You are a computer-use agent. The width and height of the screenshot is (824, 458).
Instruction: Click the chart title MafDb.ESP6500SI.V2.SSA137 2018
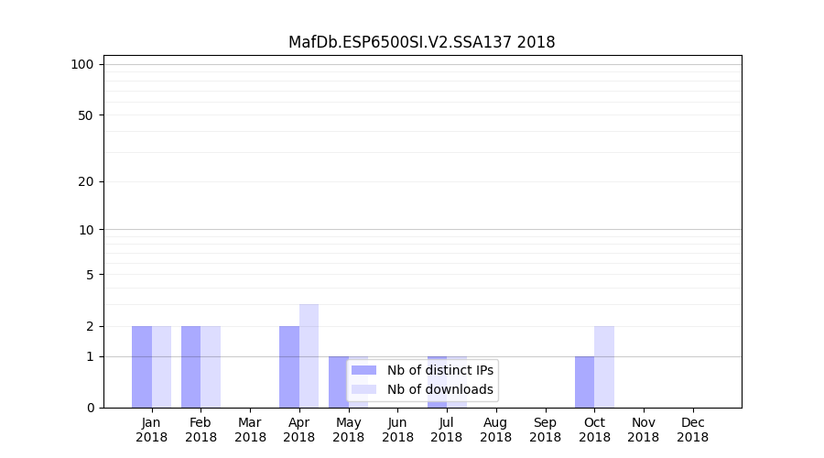pos(421,42)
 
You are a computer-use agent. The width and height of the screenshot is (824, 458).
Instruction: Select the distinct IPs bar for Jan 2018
pos(142,366)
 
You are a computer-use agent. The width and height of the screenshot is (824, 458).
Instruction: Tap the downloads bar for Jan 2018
pos(161,366)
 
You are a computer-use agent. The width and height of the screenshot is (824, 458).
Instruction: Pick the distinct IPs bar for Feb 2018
pos(191,366)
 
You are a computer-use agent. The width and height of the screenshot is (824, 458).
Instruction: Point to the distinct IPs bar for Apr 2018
pos(289,366)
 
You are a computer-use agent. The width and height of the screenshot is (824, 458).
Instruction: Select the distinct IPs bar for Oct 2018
pos(584,382)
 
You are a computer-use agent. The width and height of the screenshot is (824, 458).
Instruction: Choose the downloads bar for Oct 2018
pos(604,366)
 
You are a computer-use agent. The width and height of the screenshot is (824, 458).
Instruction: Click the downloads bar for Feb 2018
pos(211,366)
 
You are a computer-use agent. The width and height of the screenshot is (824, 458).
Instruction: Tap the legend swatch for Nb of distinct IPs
pos(363,370)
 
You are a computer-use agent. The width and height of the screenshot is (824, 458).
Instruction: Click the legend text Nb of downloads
pos(440,389)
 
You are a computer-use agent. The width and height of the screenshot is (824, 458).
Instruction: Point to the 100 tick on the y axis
pos(82,64)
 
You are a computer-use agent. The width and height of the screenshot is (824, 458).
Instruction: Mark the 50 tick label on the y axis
pos(85,115)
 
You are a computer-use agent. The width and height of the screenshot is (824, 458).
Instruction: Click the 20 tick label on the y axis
pos(85,181)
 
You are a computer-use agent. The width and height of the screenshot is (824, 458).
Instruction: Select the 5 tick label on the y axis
pos(89,275)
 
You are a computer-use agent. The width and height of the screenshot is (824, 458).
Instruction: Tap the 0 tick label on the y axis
pos(89,408)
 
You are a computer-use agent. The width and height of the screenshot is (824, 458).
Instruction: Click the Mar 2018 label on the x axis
pos(250,430)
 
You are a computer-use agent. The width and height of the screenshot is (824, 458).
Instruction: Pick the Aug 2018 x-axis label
pos(495,430)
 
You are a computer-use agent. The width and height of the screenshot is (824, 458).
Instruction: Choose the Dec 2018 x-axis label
pos(692,430)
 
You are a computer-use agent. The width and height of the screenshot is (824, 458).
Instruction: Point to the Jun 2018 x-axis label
pos(397,430)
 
